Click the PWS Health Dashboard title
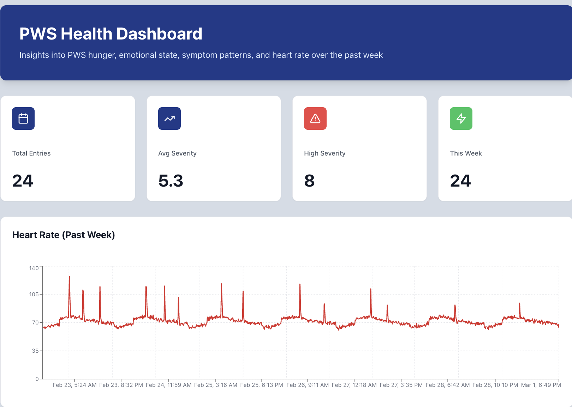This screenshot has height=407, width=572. [x=111, y=34]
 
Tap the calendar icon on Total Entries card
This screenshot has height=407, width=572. [x=23, y=119]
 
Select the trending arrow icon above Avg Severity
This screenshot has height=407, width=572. [x=169, y=119]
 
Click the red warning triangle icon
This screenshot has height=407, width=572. [x=315, y=119]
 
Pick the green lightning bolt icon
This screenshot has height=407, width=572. [x=461, y=119]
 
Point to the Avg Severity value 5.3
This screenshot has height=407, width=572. [x=171, y=181]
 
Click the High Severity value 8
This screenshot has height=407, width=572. [x=309, y=181]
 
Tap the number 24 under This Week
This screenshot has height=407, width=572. [x=460, y=181]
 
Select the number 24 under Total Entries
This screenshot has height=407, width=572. [x=23, y=181]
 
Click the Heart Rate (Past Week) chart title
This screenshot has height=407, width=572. [x=64, y=235]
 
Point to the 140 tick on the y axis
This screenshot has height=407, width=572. [x=34, y=268]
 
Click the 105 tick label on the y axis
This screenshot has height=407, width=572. [x=34, y=294]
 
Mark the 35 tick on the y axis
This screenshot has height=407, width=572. [x=35, y=351]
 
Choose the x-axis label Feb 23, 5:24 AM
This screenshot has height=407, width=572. [x=75, y=385]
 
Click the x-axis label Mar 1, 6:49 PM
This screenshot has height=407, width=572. [x=541, y=385]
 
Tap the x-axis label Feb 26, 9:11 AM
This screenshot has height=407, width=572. [x=308, y=385]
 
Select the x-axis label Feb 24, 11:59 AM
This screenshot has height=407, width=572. [x=168, y=385]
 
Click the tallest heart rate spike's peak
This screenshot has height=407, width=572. [x=69, y=277]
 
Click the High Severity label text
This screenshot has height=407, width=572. [x=324, y=153]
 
